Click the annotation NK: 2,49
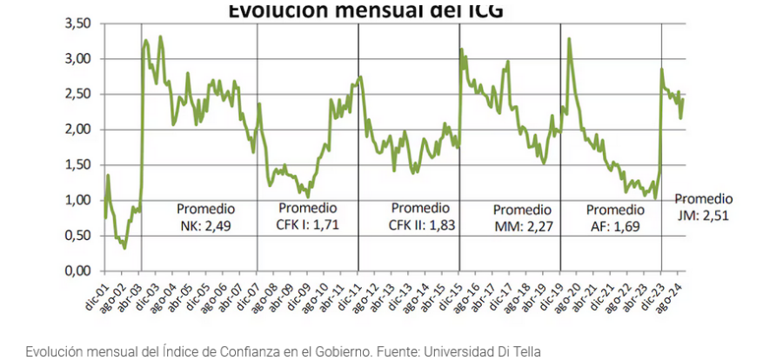pyautogui.click(x=205, y=226)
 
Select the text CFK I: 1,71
pyautogui.click(x=307, y=226)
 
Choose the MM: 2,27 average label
pyautogui.click(x=522, y=227)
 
